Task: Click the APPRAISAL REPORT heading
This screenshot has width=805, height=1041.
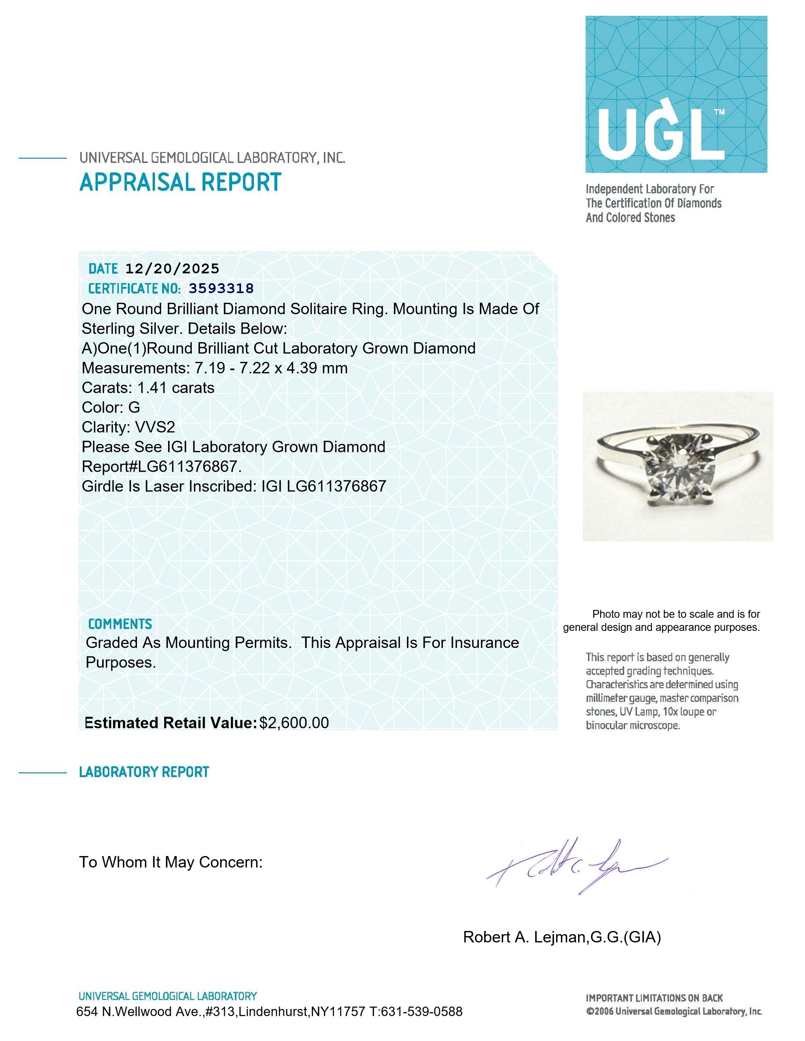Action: pyautogui.click(x=180, y=183)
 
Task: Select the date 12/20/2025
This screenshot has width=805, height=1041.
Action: pyautogui.click(x=172, y=269)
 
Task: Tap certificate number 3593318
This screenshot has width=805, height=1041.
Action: pyautogui.click(x=221, y=288)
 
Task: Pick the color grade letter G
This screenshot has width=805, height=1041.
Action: pyautogui.click(x=134, y=408)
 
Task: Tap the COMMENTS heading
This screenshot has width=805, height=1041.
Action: pyautogui.click(x=120, y=624)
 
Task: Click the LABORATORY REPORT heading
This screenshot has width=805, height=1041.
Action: pyautogui.click(x=144, y=772)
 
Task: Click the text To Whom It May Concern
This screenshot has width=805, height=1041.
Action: pyautogui.click(x=171, y=862)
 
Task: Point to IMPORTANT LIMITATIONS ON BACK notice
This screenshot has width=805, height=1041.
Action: pyautogui.click(x=654, y=998)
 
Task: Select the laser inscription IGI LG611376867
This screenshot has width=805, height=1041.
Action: pyautogui.click(x=323, y=487)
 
